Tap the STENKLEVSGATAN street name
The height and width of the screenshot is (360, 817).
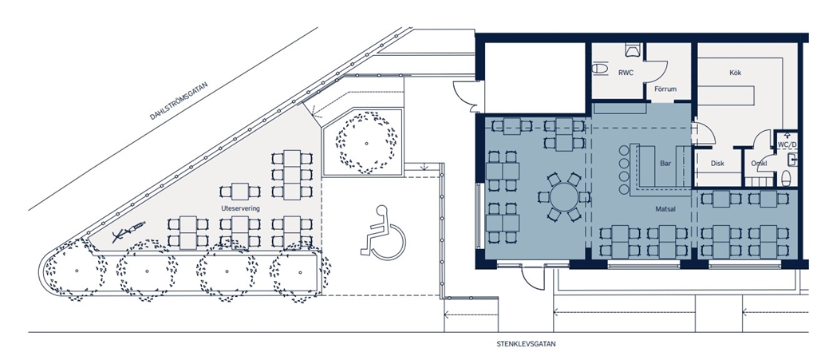pos(527,344)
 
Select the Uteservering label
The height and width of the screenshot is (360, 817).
pos(240,208)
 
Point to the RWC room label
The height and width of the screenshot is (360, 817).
pos(626,73)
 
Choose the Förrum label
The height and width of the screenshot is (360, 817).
pos(665,89)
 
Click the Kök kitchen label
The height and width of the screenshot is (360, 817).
pos(735,73)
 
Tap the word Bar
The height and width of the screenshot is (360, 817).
pos(665,163)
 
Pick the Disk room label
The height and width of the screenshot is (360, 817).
pos(717,163)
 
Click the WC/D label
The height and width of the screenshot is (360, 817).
pos(787,143)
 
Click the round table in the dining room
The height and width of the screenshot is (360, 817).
pos(565,197)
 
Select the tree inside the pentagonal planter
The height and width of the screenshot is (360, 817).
pos(365,143)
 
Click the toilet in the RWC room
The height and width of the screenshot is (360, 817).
pos(601,69)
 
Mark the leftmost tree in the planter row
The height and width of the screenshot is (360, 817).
pos(77,270)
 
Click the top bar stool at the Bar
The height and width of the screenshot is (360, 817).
pos(624,151)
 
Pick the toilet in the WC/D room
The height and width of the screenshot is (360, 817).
pos(787,177)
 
